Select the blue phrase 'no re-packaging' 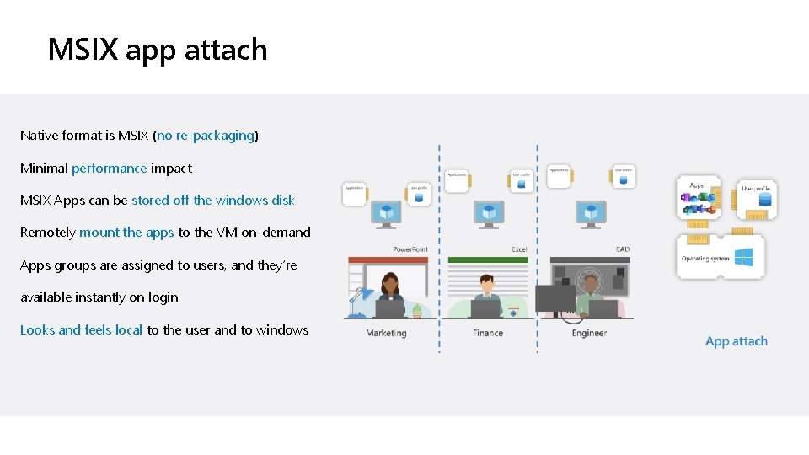point(206,135)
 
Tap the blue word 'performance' point(110,168)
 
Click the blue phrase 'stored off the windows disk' point(213,200)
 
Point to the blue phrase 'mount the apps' point(126,232)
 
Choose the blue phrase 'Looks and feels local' point(81,329)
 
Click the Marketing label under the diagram point(386,333)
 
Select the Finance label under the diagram point(488,333)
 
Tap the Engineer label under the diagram point(589,333)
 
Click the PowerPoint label point(410,249)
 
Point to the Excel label point(519,249)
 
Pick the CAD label point(622,249)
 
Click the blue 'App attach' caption point(737,341)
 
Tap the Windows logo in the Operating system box point(743,257)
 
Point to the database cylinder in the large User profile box point(765,200)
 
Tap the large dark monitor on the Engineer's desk point(555,297)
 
